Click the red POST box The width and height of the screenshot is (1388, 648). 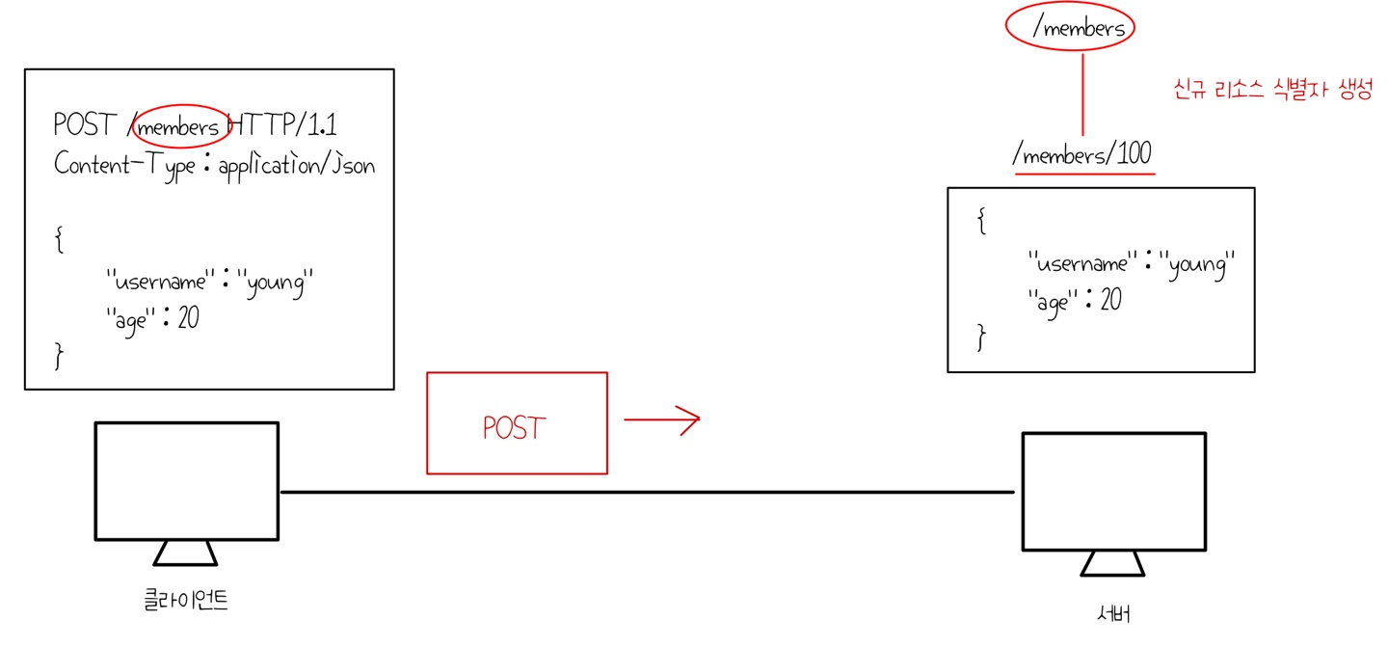[517, 423]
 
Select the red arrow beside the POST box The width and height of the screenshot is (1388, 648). [661, 419]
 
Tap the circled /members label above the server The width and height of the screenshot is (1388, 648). [1079, 28]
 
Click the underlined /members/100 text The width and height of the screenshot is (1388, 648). [1081, 154]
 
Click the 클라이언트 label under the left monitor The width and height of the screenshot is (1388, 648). [185, 600]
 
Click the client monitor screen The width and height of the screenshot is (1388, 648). [186, 479]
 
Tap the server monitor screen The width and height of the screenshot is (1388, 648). [1113, 490]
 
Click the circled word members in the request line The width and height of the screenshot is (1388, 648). [179, 126]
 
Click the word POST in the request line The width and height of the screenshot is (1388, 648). [85, 125]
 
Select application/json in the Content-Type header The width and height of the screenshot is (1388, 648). [297, 165]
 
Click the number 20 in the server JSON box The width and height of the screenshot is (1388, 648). [1110, 301]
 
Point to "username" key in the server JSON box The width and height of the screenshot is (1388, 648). [1082, 263]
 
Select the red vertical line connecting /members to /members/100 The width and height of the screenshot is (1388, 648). [1082, 94]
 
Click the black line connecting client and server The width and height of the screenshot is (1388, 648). [646, 492]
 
